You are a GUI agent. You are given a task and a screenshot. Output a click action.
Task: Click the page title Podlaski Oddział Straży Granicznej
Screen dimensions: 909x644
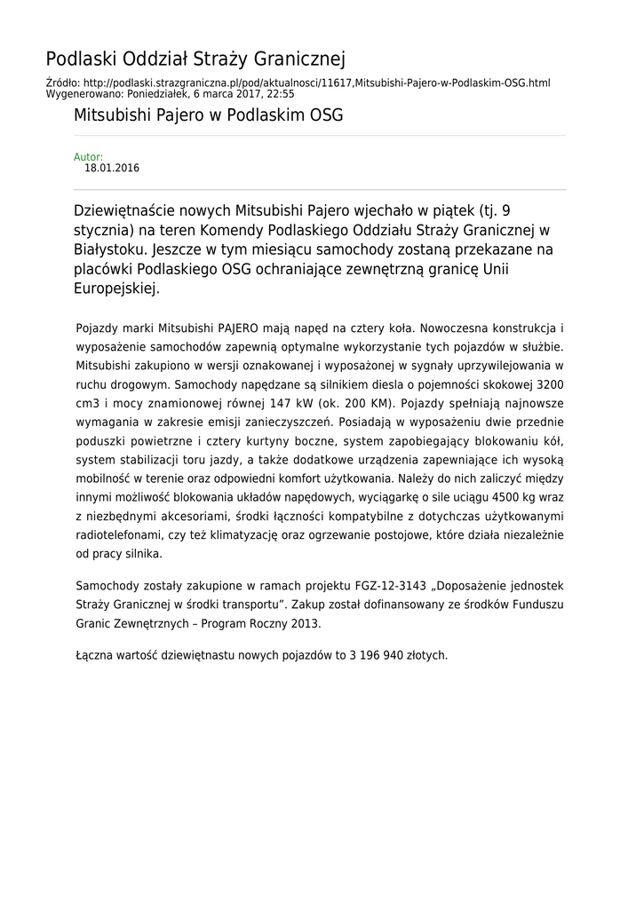click(x=195, y=59)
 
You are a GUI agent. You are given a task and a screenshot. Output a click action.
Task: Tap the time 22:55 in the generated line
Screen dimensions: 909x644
click(x=280, y=93)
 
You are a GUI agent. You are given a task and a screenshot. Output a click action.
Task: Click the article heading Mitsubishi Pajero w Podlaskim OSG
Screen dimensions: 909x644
click(x=208, y=115)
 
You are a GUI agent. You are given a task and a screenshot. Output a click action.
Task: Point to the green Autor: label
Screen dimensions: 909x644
click(x=88, y=157)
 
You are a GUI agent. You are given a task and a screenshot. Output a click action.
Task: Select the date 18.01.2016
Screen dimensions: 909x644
click(x=112, y=168)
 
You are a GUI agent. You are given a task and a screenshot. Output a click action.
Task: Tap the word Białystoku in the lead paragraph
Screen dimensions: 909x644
click(x=110, y=250)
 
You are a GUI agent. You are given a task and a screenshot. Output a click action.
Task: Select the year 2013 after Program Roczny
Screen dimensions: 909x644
click(x=304, y=623)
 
